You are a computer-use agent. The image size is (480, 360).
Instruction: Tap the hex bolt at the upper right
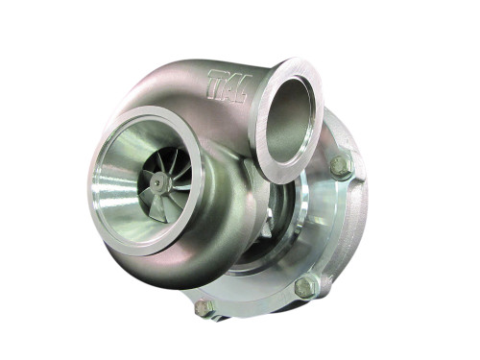[341, 167]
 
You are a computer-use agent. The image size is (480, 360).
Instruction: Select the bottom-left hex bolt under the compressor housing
[204, 308]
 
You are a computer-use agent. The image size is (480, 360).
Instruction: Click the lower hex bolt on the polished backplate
[305, 286]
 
